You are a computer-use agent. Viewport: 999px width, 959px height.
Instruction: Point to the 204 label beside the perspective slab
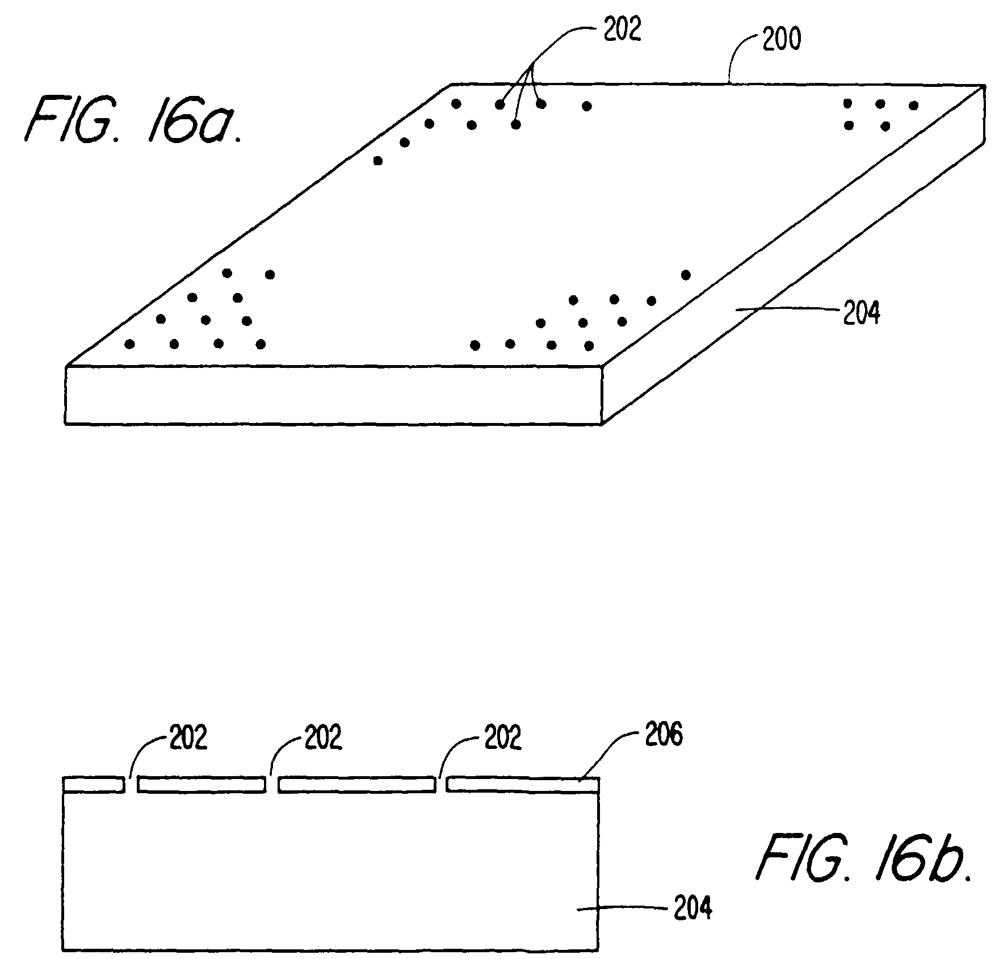861,313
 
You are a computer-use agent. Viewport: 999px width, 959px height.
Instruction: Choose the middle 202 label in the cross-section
323,738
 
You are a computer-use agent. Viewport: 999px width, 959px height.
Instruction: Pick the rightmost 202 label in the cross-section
502,738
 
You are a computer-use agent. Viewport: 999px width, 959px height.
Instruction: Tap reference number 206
664,736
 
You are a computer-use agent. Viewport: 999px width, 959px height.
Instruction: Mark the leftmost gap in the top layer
131,785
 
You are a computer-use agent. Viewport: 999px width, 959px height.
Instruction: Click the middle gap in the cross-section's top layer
272,785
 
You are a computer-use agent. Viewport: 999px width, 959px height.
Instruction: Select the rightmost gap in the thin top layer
441,785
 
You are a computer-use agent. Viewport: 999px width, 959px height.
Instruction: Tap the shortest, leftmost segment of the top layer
94,785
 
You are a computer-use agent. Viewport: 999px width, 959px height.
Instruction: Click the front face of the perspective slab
333,395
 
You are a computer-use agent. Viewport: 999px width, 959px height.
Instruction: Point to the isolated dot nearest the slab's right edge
686,275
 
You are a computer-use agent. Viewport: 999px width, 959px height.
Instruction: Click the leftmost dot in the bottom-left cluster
130,344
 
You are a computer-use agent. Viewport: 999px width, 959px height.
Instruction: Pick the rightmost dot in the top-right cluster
913,105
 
